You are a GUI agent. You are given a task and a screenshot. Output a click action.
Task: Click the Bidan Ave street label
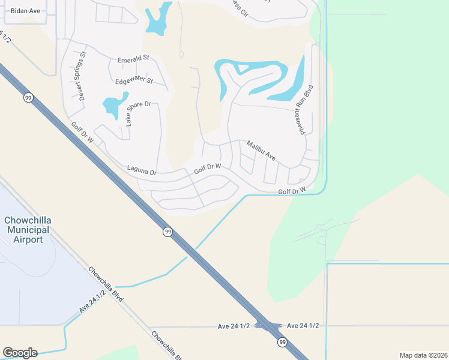pyautogui.click(x=25, y=11)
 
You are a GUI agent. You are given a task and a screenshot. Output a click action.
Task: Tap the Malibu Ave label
pyautogui.click(x=261, y=150)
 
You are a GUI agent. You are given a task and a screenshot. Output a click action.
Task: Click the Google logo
pyautogui.click(x=20, y=353)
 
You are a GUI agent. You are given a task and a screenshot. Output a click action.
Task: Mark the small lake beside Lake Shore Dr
pyautogui.click(x=113, y=105)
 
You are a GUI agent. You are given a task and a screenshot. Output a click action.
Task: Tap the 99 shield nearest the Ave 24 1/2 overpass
pyautogui.click(x=282, y=342)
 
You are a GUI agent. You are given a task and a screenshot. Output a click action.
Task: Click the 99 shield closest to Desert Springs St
pyautogui.click(x=28, y=97)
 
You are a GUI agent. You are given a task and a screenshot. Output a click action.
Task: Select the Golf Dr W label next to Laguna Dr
pyautogui.click(x=208, y=169)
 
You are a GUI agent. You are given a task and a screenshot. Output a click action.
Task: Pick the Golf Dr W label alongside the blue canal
pyautogui.click(x=292, y=191)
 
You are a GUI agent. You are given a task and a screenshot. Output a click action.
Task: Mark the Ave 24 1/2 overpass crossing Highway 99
pyautogui.click(x=268, y=326)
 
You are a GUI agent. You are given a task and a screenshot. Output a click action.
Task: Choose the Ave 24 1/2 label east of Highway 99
pyautogui.click(x=303, y=325)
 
